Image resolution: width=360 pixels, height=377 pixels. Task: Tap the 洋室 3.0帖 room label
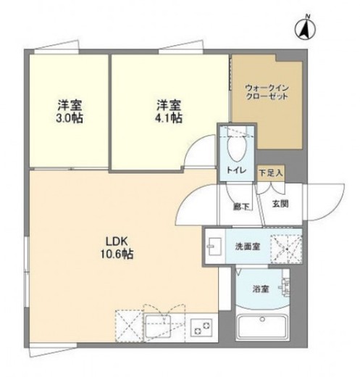point(69,111)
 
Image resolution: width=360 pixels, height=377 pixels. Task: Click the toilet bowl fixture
point(236,149)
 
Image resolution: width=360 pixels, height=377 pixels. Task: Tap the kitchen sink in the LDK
point(157,326)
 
